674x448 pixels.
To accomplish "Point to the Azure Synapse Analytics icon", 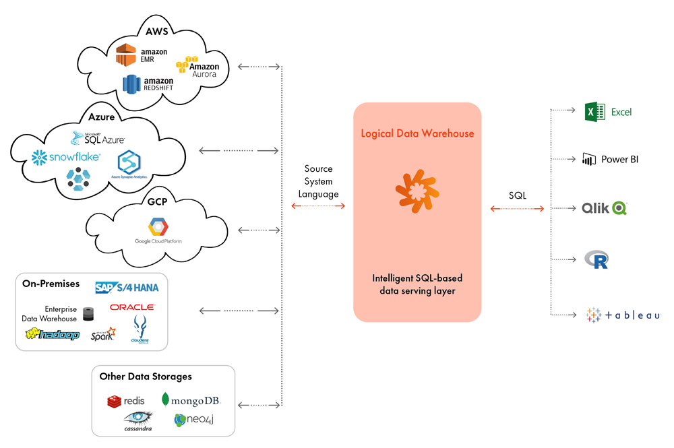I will pos(128,163).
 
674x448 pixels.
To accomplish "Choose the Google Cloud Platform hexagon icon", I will pos(157,226).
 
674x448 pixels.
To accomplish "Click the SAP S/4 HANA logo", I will pos(127,288).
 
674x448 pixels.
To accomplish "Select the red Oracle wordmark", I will pos(132,307).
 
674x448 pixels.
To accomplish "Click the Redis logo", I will pos(126,402).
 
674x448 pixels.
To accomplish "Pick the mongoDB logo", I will pos(191,400).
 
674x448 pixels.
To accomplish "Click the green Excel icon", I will pos(592,112).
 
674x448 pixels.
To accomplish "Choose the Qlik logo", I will pos(605,208).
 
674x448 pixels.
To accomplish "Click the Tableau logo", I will pos(623,315).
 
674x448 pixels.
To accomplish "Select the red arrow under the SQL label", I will pos(518,210).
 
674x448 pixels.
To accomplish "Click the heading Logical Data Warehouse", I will pos(417,133).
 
